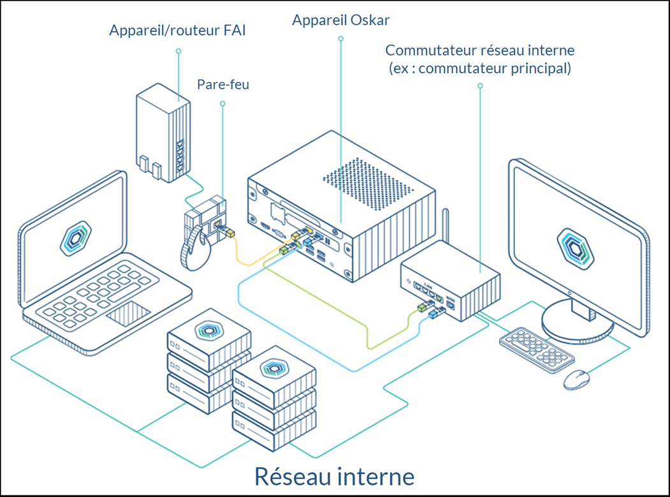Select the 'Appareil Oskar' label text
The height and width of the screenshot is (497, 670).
[x=340, y=20]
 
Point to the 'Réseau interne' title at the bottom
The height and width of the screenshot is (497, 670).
[x=335, y=476]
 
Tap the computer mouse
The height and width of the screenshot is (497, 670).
[x=576, y=378]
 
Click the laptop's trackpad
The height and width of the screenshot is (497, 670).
[x=128, y=315]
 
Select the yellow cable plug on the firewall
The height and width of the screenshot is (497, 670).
[x=228, y=235]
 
